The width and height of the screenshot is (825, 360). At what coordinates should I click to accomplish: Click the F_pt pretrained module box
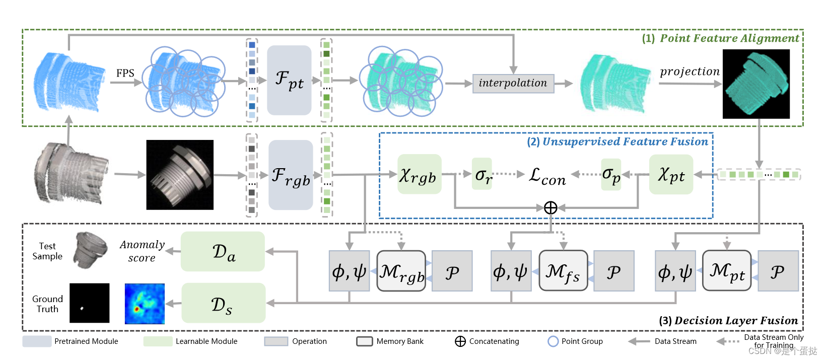tap(289, 80)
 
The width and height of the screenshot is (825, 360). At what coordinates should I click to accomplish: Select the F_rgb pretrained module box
tap(291, 175)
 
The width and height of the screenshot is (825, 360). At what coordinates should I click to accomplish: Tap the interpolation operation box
tap(513, 83)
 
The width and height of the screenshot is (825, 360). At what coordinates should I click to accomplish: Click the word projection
tap(690, 71)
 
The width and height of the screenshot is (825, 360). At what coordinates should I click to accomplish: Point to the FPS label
tap(125, 73)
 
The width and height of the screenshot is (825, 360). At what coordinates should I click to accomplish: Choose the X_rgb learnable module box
tap(419, 174)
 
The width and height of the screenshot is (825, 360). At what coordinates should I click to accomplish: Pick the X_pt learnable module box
tap(671, 174)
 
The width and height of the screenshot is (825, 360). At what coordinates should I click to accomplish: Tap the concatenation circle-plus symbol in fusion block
tap(551, 207)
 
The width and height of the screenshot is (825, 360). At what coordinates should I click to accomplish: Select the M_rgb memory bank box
tap(401, 271)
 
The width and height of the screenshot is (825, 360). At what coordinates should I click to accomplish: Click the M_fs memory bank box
tap(563, 271)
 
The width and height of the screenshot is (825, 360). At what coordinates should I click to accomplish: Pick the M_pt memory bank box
tap(726, 271)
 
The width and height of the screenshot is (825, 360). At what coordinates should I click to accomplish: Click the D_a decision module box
tap(223, 251)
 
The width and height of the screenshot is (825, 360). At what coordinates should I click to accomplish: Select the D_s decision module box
tap(223, 303)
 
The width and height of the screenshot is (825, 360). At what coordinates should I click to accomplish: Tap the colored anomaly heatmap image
tap(145, 304)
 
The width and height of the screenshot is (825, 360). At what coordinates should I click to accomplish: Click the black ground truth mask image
tap(89, 303)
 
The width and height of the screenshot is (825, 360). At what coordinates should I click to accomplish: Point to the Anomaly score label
tap(142, 251)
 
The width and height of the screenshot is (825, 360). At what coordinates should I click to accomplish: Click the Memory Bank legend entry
tap(390, 341)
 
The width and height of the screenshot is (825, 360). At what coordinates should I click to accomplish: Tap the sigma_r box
tap(482, 174)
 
